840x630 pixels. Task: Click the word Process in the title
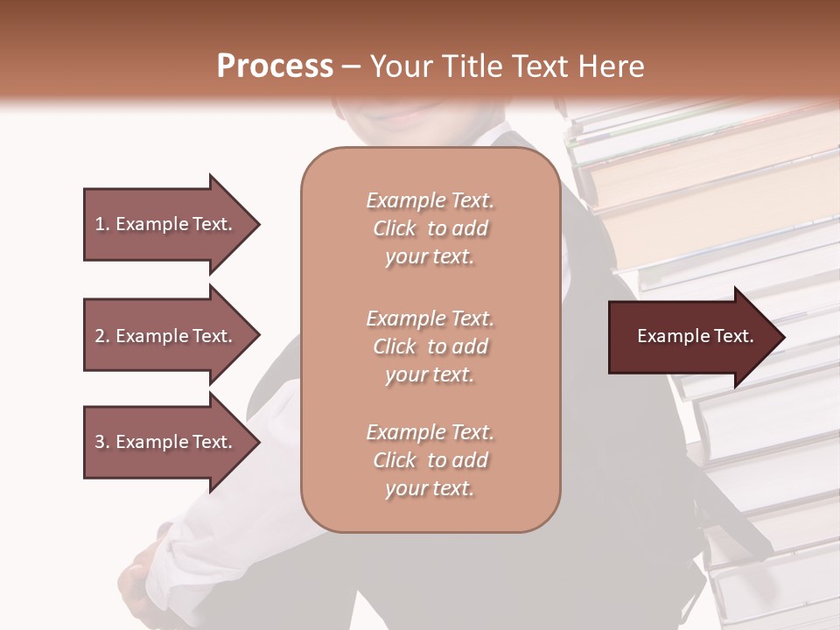275,66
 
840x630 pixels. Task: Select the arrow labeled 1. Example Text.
166,224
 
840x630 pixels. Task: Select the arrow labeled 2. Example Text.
166,336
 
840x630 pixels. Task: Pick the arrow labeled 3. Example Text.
166,442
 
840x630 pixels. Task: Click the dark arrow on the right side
691,336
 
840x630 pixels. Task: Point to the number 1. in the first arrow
102,224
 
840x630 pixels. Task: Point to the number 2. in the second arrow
102,336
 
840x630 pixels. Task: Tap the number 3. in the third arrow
102,442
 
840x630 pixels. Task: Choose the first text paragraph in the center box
430,228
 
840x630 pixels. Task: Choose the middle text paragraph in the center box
430,346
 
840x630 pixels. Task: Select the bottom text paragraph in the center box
430,460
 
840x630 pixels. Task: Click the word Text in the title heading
540,66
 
